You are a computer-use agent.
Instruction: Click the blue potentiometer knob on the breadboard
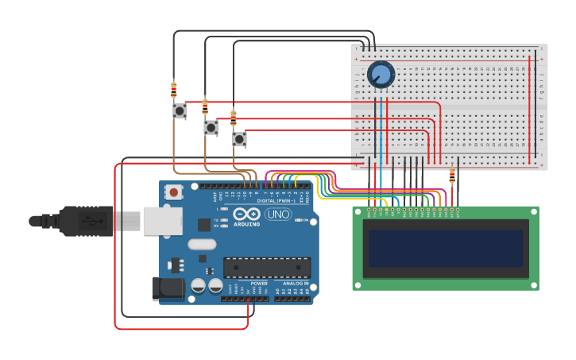pos(381,75)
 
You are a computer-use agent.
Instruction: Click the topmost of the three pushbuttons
pos(180,110)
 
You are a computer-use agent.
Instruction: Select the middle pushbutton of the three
pos(211,127)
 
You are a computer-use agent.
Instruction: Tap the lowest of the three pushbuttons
pos(239,139)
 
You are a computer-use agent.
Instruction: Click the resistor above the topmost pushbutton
pos(174,90)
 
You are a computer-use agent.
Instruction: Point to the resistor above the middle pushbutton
pos(205,106)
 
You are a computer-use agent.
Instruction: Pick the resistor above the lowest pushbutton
pos(233,118)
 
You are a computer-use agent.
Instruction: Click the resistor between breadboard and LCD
pos(452,176)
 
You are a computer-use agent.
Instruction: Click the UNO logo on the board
pos(278,215)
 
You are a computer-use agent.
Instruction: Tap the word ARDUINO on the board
pos(247,223)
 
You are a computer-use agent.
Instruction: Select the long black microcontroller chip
pos(266,268)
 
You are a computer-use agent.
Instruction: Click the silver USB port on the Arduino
pos(162,221)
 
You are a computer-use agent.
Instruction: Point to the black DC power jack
pos(168,288)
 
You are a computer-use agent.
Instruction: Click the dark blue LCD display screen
pos(445,248)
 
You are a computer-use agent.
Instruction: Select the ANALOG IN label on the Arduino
pos(292,283)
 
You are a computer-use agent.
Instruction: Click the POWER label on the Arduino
pos(259,283)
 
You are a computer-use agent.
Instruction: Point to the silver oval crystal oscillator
pos(202,245)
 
